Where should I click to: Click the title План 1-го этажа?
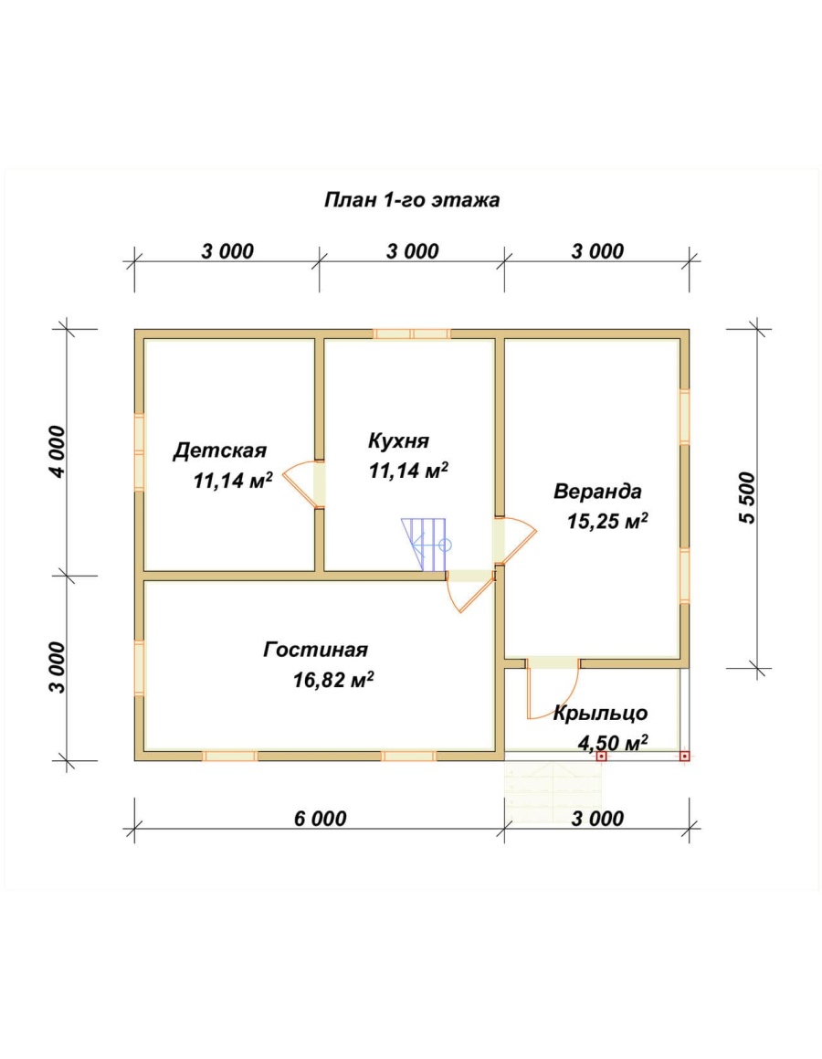point(412,201)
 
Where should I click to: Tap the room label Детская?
point(220,450)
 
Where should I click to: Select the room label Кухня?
point(399,441)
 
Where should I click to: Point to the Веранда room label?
point(597,491)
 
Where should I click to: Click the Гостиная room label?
point(315,650)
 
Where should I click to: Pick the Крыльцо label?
point(600,714)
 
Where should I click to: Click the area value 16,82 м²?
point(333,680)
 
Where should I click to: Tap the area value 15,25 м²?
point(607,521)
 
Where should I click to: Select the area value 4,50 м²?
point(613,743)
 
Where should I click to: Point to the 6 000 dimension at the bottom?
point(320,819)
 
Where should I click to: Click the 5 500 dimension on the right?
point(748,498)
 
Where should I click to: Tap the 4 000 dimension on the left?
point(58,451)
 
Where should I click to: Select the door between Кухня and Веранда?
point(516,540)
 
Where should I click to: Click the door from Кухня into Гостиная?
point(470,591)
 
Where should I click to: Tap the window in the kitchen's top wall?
point(412,334)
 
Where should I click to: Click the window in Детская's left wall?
point(139,451)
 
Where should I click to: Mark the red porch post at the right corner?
point(684,757)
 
